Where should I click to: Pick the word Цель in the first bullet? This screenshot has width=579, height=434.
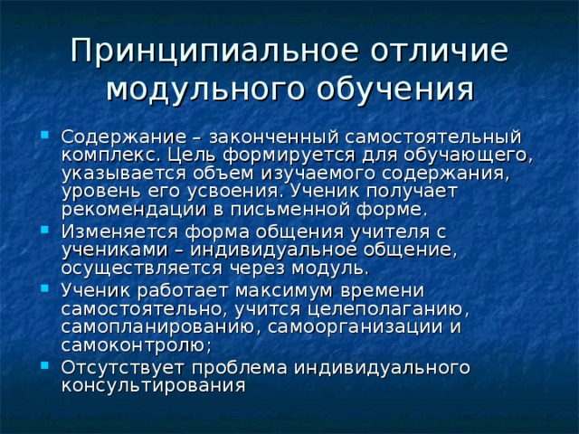point(178,155)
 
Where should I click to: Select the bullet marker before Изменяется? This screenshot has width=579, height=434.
point(44,231)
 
